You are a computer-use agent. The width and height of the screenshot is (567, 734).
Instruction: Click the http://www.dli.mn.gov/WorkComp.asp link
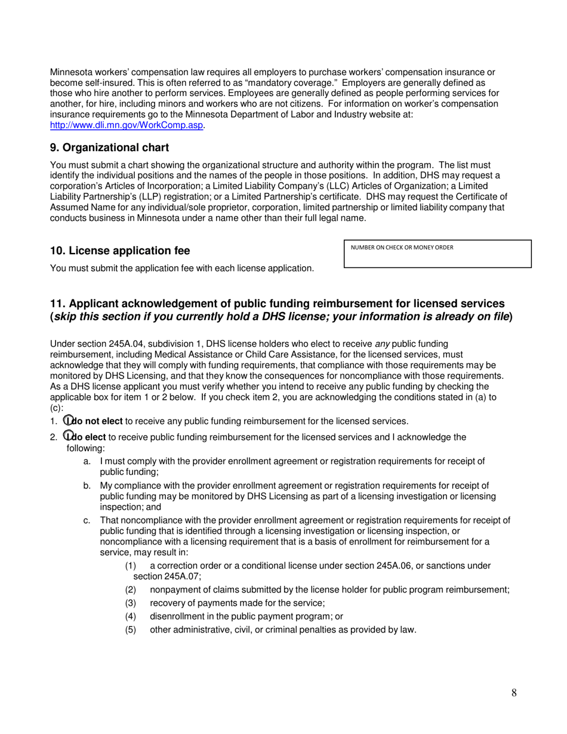pos(127,125)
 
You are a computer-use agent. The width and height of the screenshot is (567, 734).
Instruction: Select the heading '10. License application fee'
pos(120,251)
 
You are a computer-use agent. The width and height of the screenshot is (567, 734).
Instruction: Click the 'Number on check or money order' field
pos(437,258)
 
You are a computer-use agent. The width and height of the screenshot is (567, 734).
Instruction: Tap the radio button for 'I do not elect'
pos(67,421)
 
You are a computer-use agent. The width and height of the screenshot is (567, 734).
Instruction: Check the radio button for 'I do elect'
pos(67,437)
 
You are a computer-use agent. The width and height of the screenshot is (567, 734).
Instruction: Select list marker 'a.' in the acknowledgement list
pos(87,461)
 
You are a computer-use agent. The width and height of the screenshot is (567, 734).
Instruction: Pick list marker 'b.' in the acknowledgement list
pos(87,486)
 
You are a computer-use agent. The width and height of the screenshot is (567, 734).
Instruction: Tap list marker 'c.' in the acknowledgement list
pos(87,520)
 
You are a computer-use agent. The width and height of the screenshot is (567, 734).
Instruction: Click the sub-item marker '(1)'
pos(131,566)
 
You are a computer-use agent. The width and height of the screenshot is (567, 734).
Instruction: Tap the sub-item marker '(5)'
pos(131,630)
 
